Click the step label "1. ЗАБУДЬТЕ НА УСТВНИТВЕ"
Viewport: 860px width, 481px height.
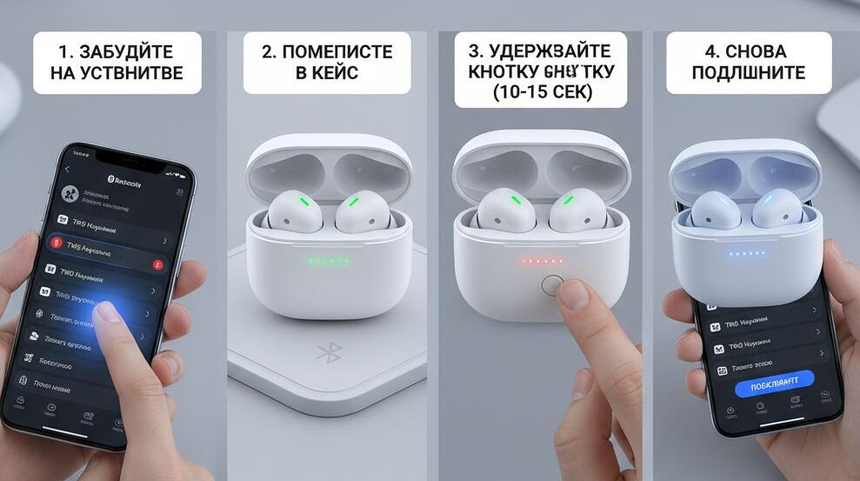117,62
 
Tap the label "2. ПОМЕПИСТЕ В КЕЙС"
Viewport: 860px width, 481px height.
327,62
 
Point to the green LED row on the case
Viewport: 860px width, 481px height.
328,260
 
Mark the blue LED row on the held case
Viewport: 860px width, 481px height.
746,254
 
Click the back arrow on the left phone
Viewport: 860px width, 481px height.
68,169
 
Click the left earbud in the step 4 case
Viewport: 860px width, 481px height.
710,210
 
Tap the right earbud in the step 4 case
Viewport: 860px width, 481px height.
777,210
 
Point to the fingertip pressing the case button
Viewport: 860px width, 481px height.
573,297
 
